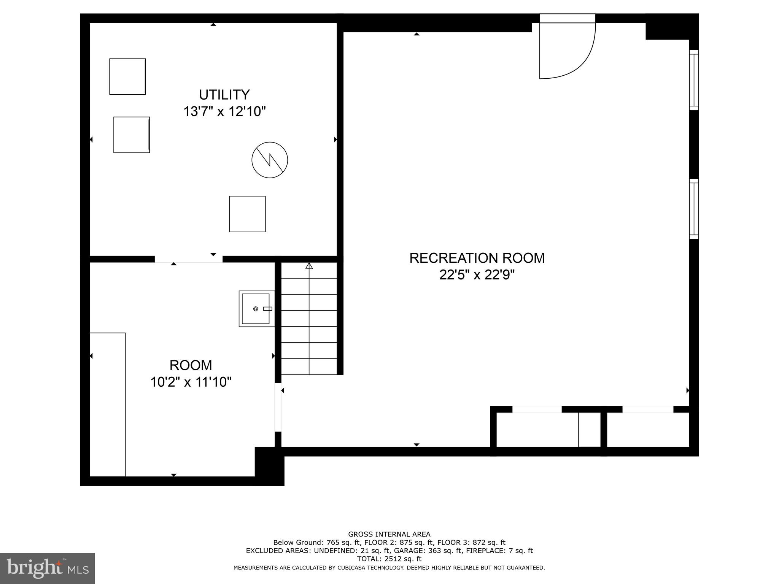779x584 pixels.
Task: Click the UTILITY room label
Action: point(224,94)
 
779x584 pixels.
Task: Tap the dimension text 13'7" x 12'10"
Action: point(224,112)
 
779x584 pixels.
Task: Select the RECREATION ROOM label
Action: point(477,258)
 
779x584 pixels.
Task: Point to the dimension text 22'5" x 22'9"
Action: point(477,275)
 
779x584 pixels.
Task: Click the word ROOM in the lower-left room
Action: point(191,365)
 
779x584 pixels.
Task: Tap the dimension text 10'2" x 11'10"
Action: point(191,382)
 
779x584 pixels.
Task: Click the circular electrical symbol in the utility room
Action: point(270,160)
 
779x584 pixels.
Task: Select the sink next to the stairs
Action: point(256,309)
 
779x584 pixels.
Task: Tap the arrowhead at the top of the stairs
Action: point(309,266)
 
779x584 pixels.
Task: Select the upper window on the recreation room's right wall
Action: point(694,80)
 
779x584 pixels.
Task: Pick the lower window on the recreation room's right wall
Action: point(694,209)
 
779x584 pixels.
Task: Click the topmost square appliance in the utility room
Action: point(127,76)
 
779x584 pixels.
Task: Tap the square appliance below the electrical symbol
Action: point(247,214)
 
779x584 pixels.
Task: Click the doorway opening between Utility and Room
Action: point(188,259)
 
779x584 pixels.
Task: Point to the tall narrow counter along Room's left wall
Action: point(108,405)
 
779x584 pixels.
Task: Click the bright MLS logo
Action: point(47,568)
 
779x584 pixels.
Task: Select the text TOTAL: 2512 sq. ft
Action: point(389,559)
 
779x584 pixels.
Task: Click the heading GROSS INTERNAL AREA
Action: point(389,534)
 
